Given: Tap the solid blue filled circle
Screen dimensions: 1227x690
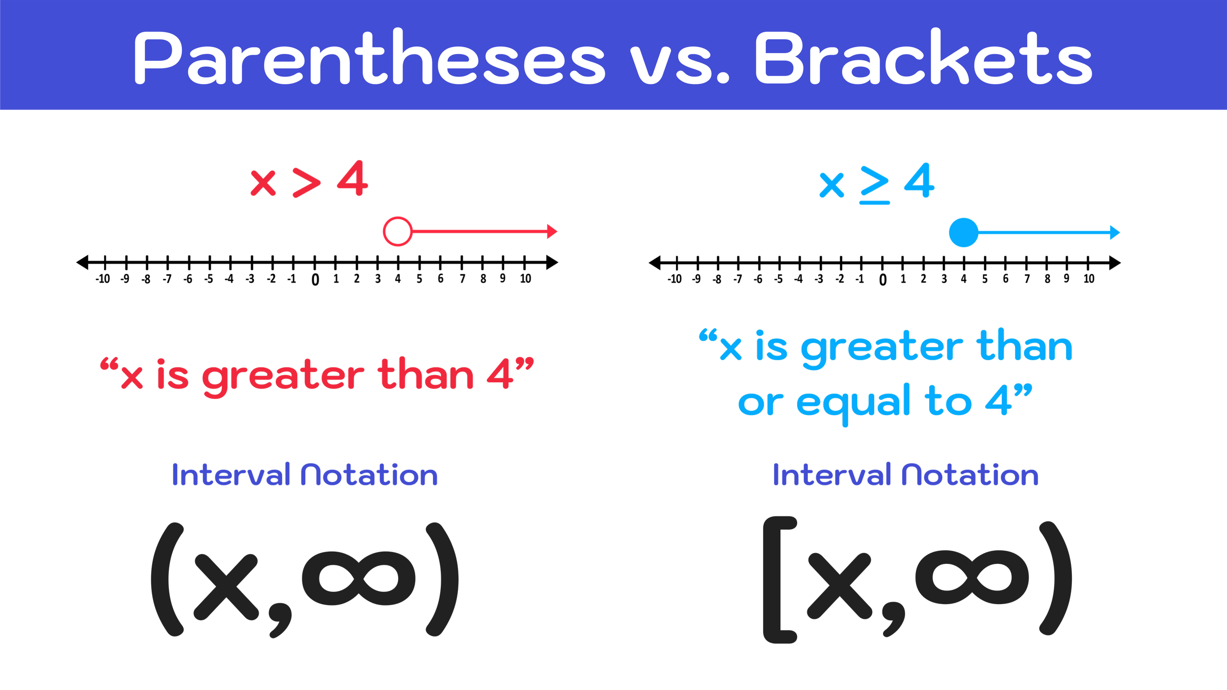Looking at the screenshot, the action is click(963, 232).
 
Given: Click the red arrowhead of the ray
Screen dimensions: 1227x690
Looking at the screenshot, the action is click(552, 231).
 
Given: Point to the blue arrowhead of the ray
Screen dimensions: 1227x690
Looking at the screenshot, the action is click(1115, 232).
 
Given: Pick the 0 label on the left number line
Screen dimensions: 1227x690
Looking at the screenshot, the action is click(315, 280).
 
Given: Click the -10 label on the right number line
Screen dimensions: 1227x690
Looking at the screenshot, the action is click(675, 279).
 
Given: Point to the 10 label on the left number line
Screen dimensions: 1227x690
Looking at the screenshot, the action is click(526, 279).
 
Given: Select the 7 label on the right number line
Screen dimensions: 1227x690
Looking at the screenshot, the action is click(1027, 279).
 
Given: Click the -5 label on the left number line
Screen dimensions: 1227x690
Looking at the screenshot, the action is click(209, 279).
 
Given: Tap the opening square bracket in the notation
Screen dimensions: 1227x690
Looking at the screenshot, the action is click(779, 580).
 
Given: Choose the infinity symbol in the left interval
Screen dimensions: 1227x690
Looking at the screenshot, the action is click(359, 579).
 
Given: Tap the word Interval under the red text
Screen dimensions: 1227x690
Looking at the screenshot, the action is click(231, 475).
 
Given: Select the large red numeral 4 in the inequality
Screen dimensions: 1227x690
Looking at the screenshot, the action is click(352, 179).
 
